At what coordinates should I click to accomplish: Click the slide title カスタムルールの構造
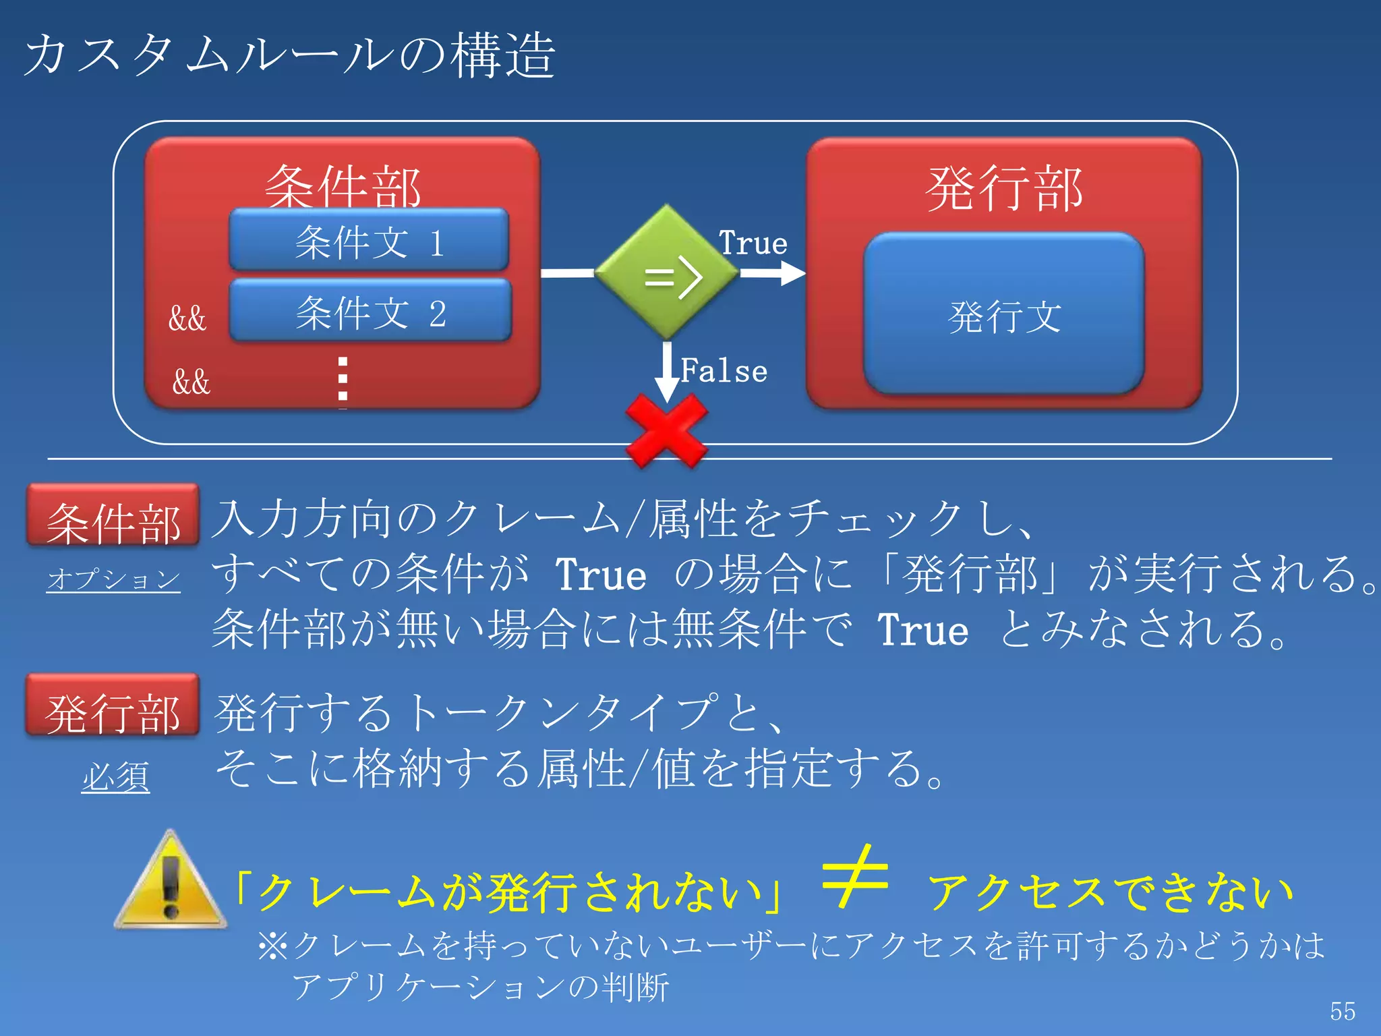(290, 55)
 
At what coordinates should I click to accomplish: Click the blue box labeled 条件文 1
(369, 241)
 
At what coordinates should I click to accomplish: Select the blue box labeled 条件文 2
(370, 312)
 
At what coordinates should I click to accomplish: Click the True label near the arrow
(753, 243)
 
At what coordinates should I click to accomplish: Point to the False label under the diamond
(724, 371)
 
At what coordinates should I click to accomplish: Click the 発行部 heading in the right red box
(1004, 189)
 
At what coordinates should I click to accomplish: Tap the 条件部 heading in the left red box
(343, 185)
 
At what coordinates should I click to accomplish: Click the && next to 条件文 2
(187, 318)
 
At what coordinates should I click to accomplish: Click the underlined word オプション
(113, 579)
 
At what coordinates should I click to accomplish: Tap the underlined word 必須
(115, 777)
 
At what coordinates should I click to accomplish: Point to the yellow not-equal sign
(855, 876)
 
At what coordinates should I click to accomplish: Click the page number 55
(1343, 1011)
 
